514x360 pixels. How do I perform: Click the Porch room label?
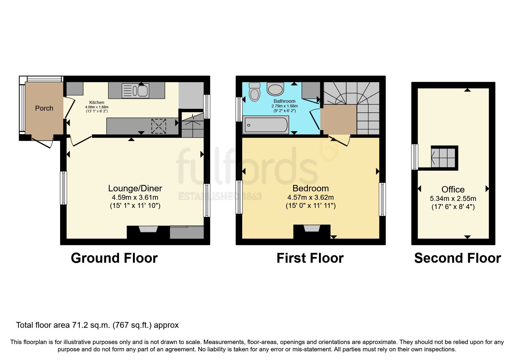(x=44, y=108)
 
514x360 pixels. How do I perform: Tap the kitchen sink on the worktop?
(x=135, y=90)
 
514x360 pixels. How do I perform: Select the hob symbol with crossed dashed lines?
(x=159, y=126)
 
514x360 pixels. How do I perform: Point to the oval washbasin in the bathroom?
(x=275, y=89)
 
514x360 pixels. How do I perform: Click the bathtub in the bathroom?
(x=266, y=125)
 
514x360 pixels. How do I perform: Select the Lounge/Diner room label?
(x=135, y=188)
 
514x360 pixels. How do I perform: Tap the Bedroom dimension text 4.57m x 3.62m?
(x=310, y=197)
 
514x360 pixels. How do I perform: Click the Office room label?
(x=453, y=190)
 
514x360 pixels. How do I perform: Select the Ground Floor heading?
(x=114, y=258)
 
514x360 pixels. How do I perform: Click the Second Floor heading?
(x=457, y=258)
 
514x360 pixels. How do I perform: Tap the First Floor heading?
(x=310, y=258)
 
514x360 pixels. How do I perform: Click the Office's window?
(x=415, y=157)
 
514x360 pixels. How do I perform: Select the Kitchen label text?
(x=97, y=102)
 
